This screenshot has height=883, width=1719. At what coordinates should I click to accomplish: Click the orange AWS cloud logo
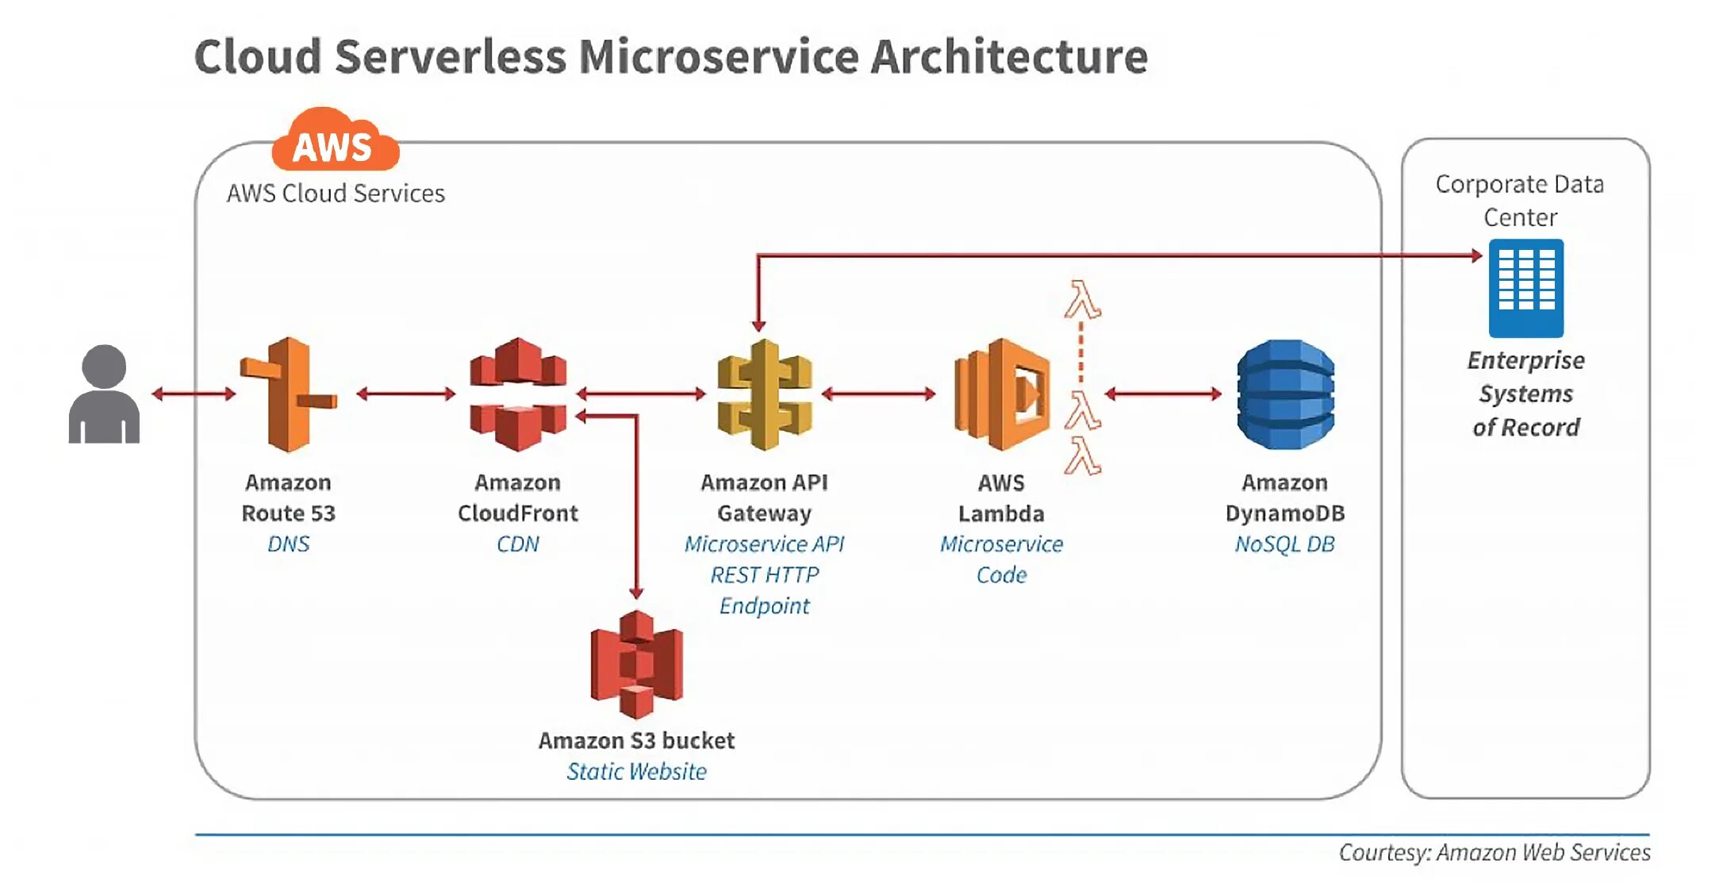point(336,140)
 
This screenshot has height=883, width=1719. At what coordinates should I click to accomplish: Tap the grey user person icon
point(104,394)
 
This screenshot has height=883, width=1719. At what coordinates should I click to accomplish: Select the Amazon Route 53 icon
point(289,394)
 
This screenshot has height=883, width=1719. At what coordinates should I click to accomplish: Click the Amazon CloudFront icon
point(518,394)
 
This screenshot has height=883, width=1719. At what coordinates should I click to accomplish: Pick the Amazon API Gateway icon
point(765,394)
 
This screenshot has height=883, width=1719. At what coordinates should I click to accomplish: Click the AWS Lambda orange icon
point(1002,394)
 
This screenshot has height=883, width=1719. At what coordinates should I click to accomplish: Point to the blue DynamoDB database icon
point(1285,394)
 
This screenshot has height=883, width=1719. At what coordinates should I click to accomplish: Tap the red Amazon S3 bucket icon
point(636,664)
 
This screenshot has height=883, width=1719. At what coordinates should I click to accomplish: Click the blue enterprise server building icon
point(1526,288)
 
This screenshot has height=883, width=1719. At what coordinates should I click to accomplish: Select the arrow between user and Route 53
point(194,394)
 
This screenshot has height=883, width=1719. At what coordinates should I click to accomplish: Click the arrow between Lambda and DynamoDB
point(1163,394)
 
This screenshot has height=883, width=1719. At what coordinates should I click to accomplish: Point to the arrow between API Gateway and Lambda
point(879,394)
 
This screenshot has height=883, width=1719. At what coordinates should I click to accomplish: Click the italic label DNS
point(289,544)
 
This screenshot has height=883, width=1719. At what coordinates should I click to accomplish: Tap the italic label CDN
point(518,544)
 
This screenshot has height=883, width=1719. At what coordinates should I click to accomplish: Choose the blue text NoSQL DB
point(1285,544)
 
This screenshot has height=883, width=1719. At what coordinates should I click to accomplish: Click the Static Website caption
point(636,771)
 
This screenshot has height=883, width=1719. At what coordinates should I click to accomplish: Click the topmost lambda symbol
point(1082,299)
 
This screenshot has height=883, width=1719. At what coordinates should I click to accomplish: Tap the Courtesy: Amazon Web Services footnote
point(1495,852)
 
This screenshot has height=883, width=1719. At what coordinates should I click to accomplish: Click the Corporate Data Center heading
point(1520,201)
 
